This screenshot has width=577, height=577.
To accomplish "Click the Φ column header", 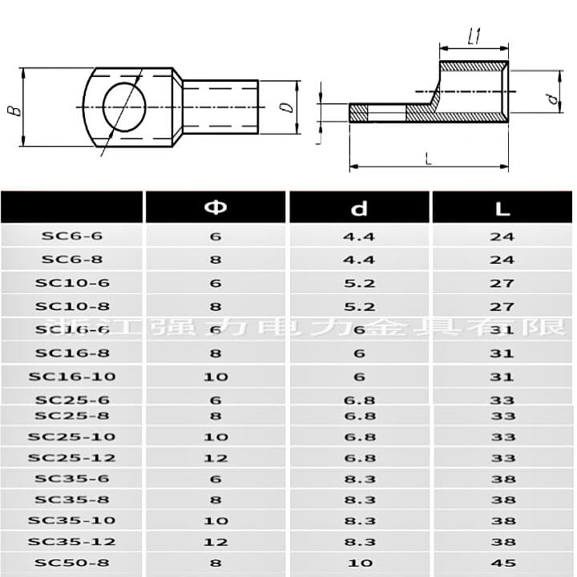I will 216,208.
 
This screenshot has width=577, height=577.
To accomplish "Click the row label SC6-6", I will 72,236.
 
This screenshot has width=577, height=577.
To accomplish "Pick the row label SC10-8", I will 72,306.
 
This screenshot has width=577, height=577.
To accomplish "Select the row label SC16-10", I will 72,377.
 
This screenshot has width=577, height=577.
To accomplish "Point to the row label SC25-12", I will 72,458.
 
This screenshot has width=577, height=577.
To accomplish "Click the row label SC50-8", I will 72,563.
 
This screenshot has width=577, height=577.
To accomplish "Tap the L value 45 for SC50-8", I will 503,563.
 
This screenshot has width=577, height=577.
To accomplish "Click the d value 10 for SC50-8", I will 359,563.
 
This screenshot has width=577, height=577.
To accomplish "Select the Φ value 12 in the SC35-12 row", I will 216,542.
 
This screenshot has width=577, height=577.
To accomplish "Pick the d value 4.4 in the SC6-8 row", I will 359,260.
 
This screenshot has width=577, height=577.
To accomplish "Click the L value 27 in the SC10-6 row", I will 503,283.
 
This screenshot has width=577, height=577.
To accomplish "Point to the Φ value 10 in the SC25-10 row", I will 216,437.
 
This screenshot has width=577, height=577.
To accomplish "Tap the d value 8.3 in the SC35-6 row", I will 359,479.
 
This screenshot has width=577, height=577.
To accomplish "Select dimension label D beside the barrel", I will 286,107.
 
